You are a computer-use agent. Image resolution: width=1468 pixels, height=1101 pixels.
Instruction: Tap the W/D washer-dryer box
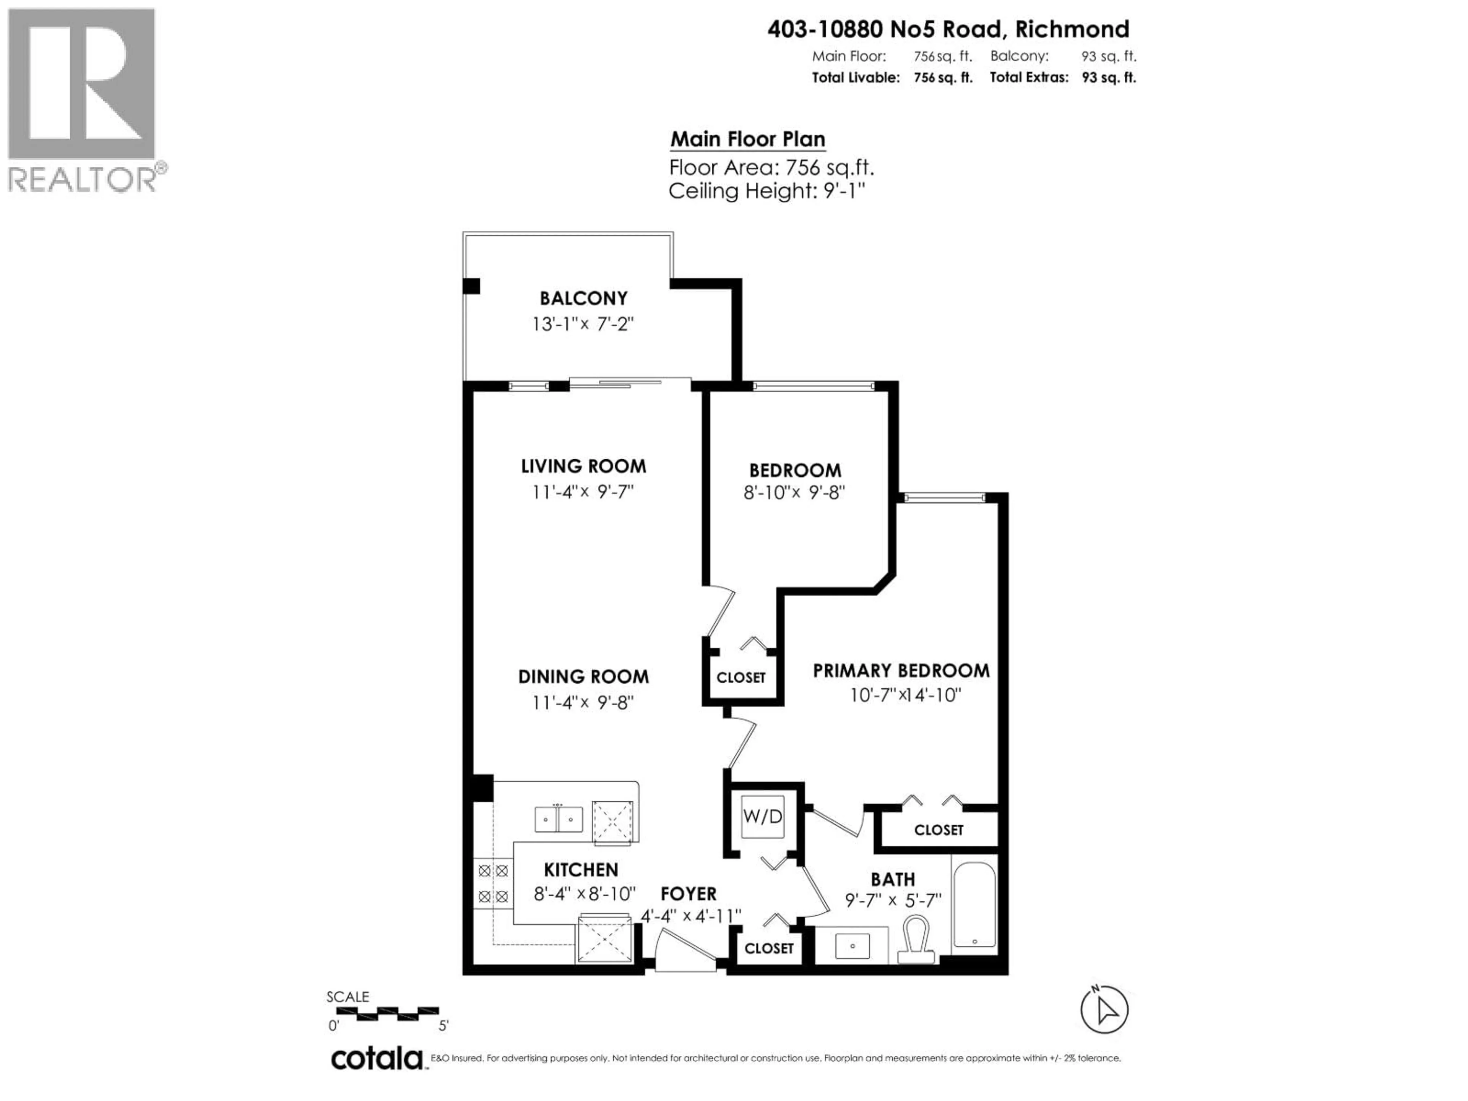coord(763,816)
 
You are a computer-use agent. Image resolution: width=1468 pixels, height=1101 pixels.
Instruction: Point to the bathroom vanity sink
coord(851,945)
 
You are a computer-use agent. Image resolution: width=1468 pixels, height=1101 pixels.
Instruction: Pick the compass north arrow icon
coord(1104,1009)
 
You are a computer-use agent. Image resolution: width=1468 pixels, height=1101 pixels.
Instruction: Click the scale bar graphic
coord(383,1013)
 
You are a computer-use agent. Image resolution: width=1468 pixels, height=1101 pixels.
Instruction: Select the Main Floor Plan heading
coord(747,140)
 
